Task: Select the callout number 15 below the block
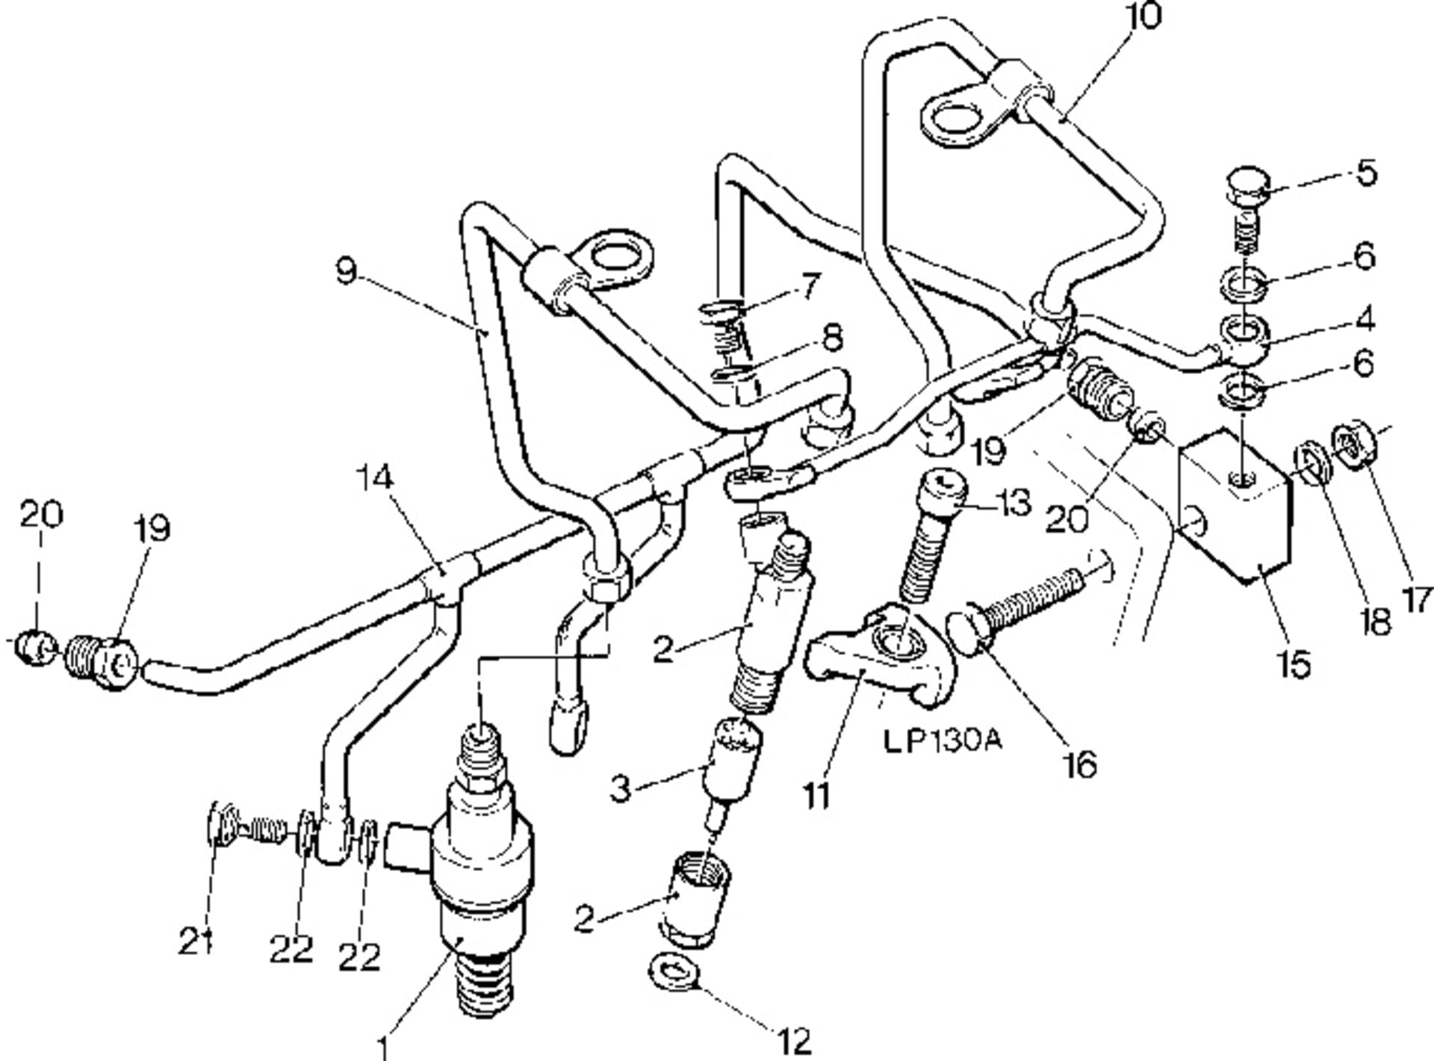[1294, 663]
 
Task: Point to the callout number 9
[346, 271]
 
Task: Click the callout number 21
[195, 941]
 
